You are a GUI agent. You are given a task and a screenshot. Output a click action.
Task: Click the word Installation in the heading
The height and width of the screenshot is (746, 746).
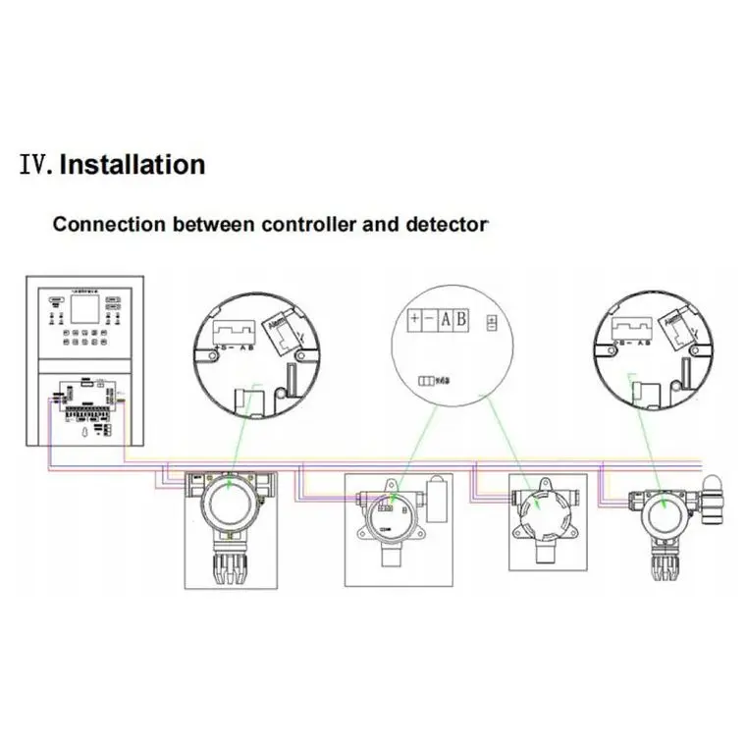click(x=133, y=164)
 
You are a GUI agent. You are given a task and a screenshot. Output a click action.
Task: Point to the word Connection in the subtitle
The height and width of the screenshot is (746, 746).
click(x=108, y=224)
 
